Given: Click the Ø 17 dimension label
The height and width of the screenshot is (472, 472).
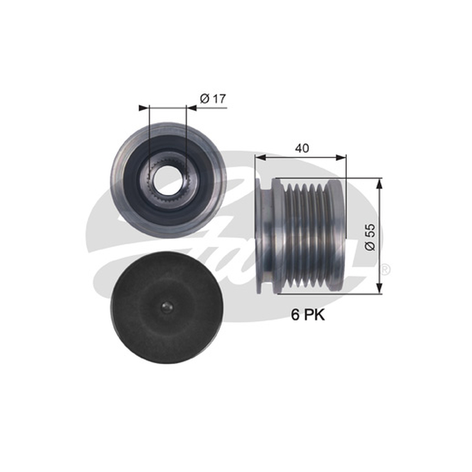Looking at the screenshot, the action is [212, 99].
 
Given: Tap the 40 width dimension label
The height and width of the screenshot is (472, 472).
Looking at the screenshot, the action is [302, 148].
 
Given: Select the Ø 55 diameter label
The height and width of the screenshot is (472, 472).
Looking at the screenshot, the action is [370, 237].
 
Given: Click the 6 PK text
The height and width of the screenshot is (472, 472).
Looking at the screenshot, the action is [307, 315].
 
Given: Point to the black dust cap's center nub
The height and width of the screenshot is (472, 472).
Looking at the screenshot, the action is [167, 307].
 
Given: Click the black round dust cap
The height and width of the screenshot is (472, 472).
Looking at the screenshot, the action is [167, 307].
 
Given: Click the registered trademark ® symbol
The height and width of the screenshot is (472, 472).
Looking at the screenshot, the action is [386, 270].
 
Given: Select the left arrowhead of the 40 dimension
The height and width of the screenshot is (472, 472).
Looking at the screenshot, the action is [260, 157].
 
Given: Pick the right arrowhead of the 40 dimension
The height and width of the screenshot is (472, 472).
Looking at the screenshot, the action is [341, 157].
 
